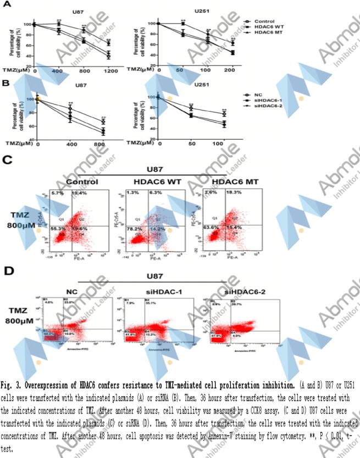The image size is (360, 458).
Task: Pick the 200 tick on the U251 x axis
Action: [x=232, y=71]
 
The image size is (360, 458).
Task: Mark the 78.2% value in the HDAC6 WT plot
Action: [x=131, y=228]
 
